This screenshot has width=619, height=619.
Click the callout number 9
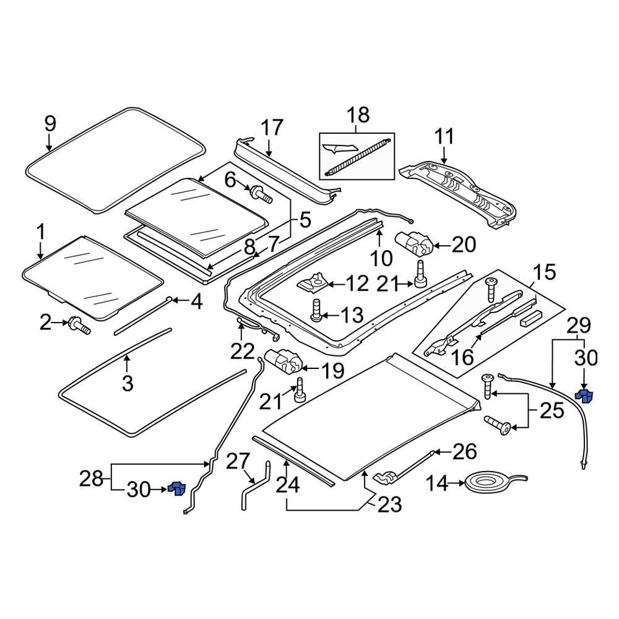point(50,123)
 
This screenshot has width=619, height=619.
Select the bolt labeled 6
point(261,194)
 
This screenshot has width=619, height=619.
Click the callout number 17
point(271,128)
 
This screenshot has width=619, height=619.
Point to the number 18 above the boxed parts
point(358,115)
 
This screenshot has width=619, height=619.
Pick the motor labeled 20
point(413,243)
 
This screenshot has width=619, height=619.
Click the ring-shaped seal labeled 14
point(494,482)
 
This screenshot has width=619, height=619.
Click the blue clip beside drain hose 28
point(177,488)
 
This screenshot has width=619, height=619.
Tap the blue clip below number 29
point(585,394)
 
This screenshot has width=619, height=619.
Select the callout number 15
point(545,272)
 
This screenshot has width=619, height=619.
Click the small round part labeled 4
point(168,300)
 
